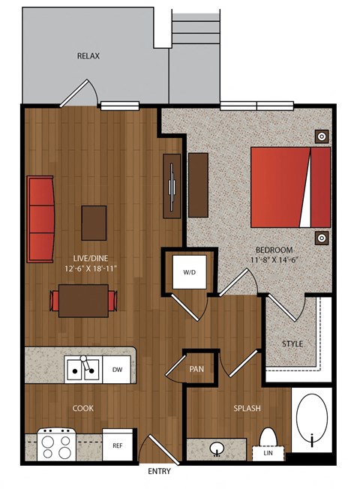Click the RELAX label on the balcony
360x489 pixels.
[x=88, y=55]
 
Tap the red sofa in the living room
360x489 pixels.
[x=40, y=219]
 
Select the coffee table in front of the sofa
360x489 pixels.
[x=94, y=223]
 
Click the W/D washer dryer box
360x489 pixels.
[x=189, y=272]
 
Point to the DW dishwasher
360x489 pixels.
[x=117, y=370]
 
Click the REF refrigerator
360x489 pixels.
[x=117, y=445]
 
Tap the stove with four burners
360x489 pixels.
[x=56, y=445]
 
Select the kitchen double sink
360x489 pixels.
[x=83, y=369]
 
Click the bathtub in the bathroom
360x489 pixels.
[x=312, y=420]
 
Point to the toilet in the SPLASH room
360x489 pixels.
[x=268, y=436]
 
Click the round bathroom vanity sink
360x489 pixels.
[x=217, y=449]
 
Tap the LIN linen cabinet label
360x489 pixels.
[x=268, y=453]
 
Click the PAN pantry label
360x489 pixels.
[x=196, y=369]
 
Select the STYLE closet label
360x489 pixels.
[x=292, y=343]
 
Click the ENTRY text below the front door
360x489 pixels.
[x=159, y=471]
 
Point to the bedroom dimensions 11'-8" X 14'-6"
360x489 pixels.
[x=273, y=259]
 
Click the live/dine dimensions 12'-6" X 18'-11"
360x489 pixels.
[x=91, y=268]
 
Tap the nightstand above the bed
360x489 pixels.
[x=322, y=136]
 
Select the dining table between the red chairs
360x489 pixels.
[x=83, y=301]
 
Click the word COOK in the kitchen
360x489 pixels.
[x=83, y=408]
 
